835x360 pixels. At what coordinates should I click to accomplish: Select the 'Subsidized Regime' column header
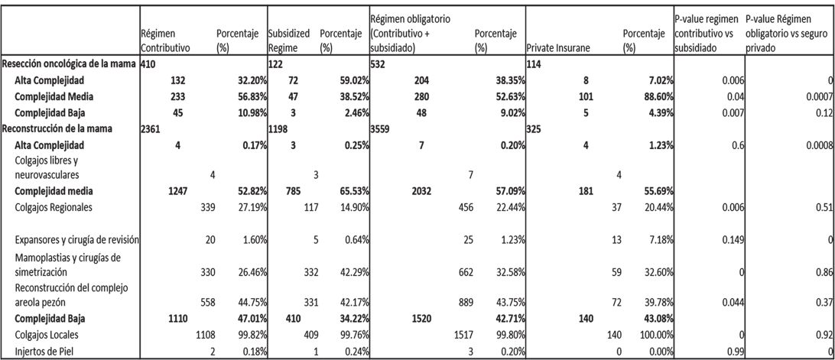click(x=288, y=41)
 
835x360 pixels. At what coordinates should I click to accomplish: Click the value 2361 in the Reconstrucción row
click(x=152, y=129)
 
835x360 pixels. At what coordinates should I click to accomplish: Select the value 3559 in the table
click(x=381, y=129)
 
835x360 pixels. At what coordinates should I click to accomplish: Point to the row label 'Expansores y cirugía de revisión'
click(x=70, y=240)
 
